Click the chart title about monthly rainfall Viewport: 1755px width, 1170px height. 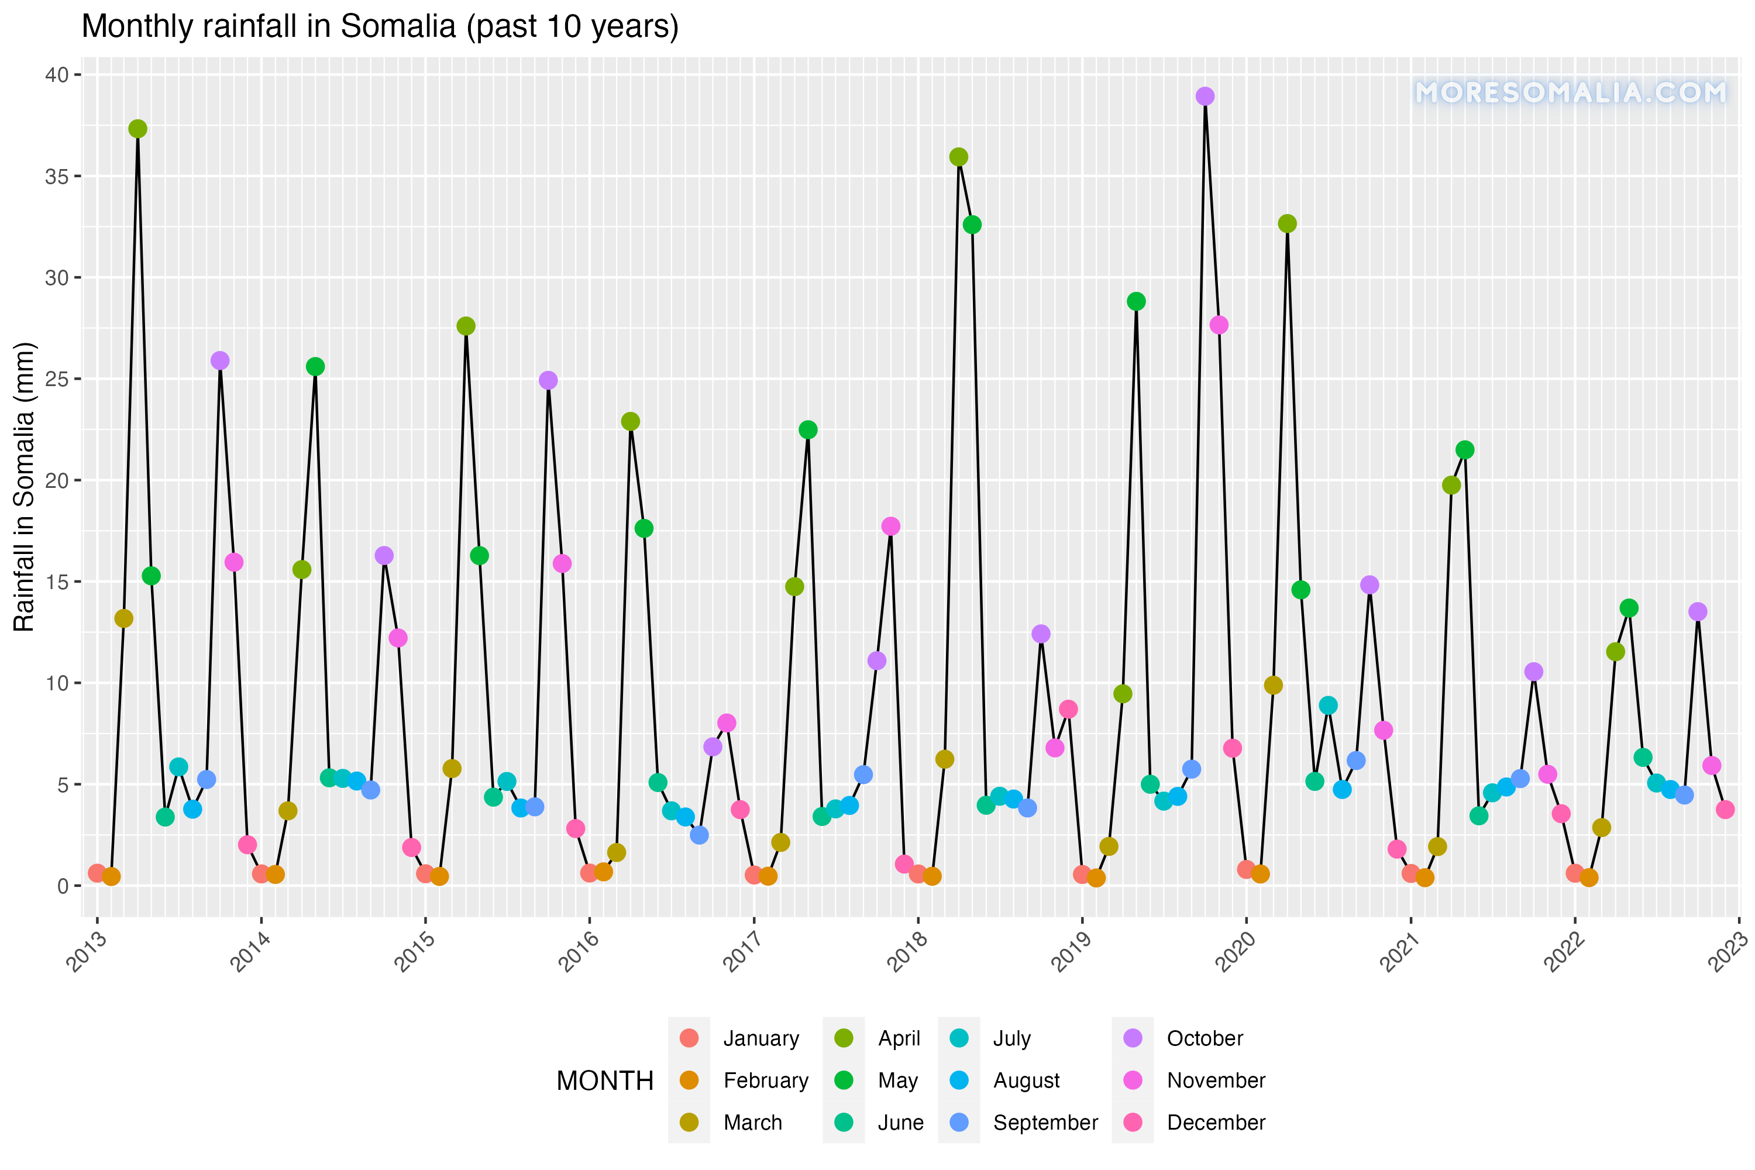[380, 27]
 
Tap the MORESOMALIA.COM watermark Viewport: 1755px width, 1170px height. [1570, 92]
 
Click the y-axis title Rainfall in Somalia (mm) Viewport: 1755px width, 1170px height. [24, 487]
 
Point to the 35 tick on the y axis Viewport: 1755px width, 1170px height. [57, 177]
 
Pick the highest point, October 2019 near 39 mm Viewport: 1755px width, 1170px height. [1205, 97]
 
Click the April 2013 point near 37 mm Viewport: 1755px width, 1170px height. [137, 129]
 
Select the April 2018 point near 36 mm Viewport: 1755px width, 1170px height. [959, 157]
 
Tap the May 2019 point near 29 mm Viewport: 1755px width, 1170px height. [1137, 301]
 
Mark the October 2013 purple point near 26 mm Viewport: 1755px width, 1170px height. [220, 360]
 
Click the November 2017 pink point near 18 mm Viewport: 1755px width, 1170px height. [891, 526]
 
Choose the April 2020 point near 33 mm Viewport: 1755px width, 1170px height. [1287, 224]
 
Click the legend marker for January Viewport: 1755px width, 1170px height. [690, 1038]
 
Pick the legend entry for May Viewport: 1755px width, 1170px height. [897, 1080]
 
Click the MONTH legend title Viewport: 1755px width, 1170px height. [604, 1080]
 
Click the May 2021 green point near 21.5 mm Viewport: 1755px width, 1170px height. [1465, 450]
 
